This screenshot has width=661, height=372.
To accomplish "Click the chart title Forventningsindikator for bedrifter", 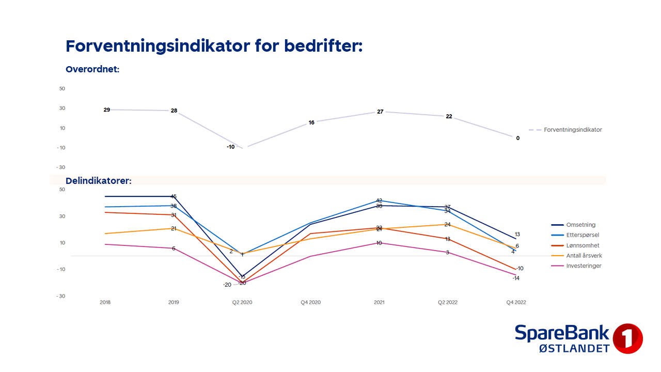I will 214,46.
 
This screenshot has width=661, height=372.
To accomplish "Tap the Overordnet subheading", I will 92,69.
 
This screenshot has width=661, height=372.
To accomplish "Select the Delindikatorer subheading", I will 99,181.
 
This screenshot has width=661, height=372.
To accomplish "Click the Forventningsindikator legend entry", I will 573,130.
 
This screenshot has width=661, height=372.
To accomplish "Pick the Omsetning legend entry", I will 580,225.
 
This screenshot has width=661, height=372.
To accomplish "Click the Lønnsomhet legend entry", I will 583,245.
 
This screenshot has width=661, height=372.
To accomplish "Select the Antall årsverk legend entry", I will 584,256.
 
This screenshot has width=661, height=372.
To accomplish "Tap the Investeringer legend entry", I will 584,266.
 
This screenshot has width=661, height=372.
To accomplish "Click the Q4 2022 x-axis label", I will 515,302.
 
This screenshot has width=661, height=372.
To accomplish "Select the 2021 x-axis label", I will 379,302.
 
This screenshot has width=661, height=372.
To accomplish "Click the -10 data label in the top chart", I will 230,147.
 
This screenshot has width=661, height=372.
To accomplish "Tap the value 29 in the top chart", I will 107,110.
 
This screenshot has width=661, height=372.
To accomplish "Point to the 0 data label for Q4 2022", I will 518,138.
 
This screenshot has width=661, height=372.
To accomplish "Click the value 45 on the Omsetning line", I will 174,196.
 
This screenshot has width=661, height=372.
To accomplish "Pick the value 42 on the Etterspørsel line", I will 379,200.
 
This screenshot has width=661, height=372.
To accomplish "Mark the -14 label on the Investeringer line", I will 516,278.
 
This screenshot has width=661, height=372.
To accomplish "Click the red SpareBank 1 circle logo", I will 627,338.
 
